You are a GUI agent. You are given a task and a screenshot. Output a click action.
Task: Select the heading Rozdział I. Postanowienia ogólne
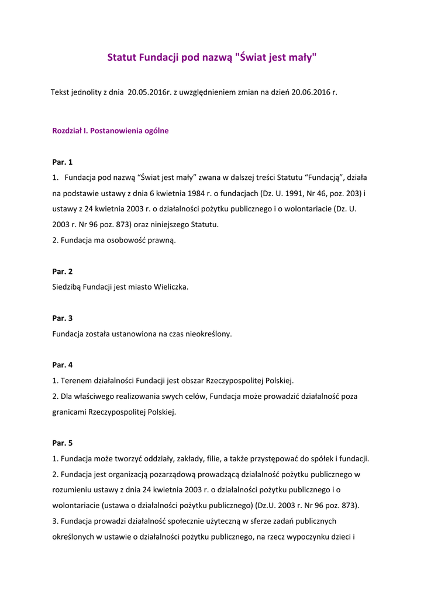[x=111, y=131]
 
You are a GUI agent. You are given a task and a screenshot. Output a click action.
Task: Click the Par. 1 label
[x=63, y=162]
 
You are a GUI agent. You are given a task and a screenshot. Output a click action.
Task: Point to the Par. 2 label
[x=63, y=272]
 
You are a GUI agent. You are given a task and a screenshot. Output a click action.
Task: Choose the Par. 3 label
[x=63, y=318]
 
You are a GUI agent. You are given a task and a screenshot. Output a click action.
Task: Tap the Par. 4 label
[x=63, y=365]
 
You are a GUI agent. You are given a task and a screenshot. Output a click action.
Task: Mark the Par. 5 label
[x=63, y=443]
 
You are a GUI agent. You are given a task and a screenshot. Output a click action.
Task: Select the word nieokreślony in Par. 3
[x=208, y=334]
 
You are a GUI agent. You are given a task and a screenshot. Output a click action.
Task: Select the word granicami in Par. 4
[x=69, y=412]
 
